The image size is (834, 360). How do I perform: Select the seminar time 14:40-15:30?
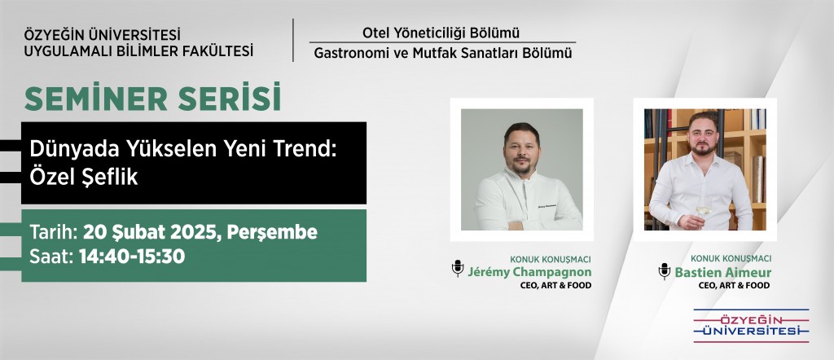132,257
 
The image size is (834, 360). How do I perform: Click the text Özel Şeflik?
84,177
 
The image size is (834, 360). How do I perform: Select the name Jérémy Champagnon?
529,272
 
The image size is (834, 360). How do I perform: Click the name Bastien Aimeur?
723,272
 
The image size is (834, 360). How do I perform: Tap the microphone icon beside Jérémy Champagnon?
458,268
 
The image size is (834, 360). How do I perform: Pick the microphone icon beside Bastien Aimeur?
665,270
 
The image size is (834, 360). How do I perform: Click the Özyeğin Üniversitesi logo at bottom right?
751,326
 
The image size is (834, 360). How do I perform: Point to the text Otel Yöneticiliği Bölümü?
441,33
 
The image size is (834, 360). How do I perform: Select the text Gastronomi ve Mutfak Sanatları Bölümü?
442,53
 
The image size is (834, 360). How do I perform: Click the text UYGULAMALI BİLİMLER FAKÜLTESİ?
138,51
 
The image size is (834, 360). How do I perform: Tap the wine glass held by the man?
704,210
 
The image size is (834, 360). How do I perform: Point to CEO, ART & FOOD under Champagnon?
555,286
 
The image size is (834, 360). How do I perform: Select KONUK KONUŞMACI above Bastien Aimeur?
731,258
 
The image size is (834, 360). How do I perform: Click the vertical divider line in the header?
293,40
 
